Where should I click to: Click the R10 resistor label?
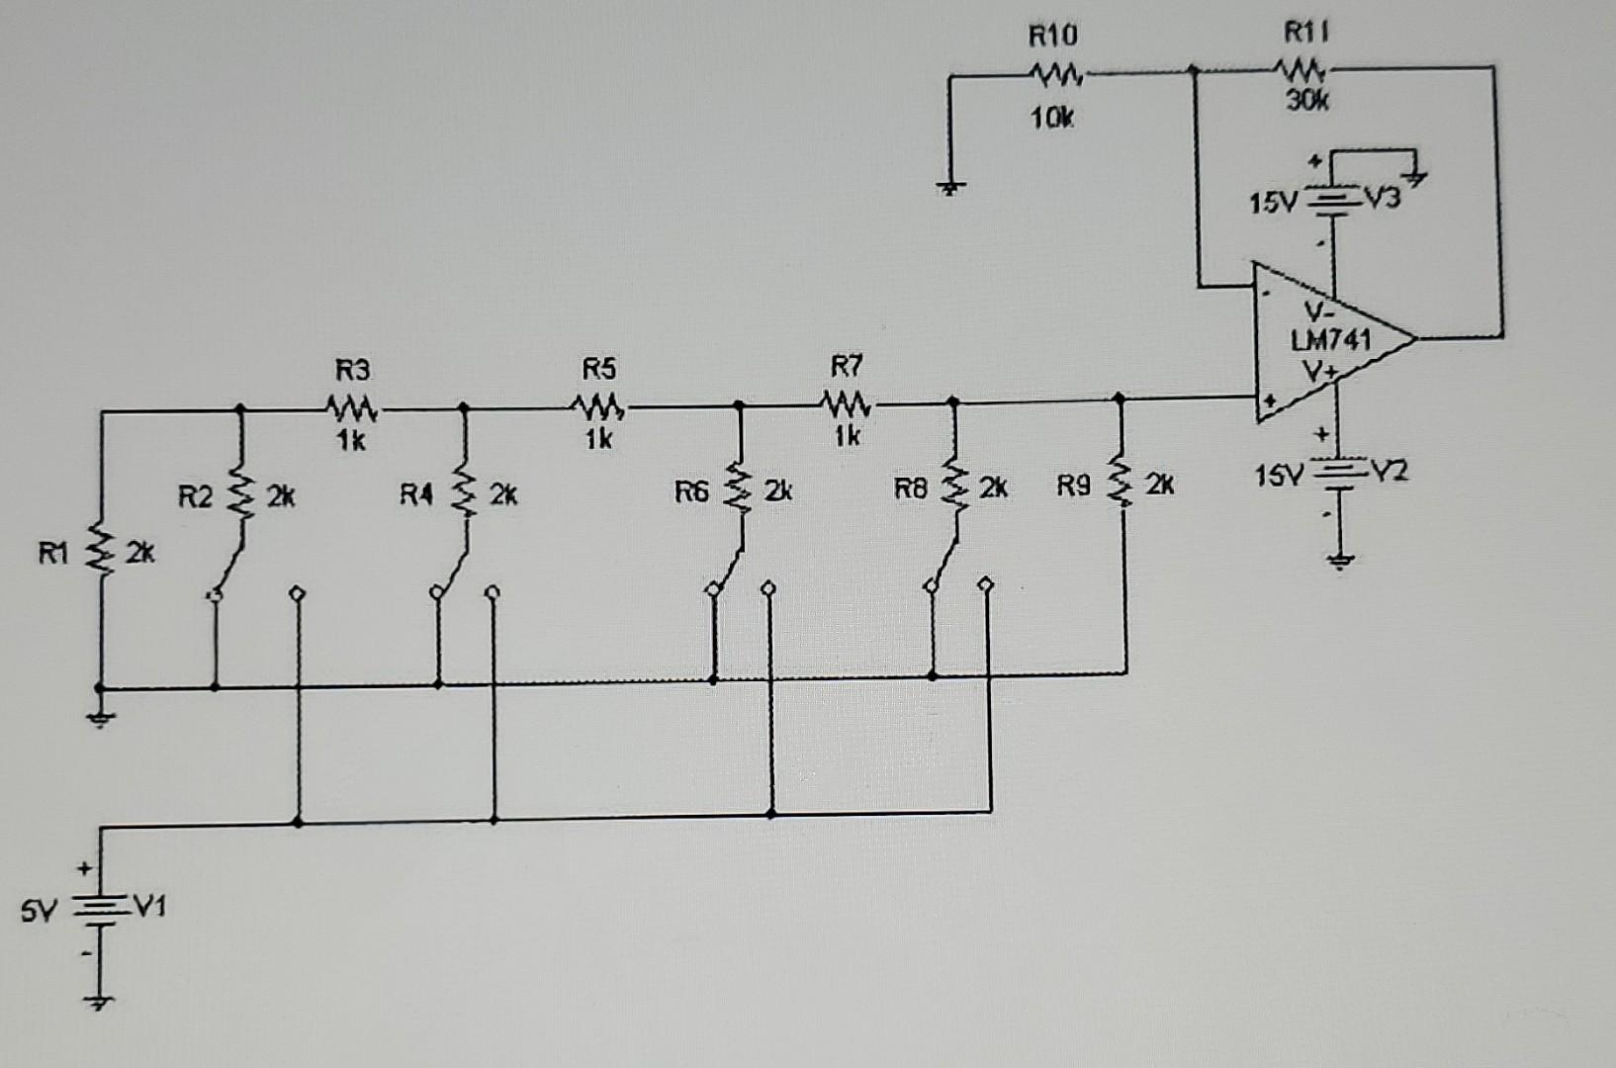(1053, 38)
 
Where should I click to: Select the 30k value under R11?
(1307, 100)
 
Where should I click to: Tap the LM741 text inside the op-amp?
(1331, 340)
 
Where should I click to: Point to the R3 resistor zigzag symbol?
(350, 406)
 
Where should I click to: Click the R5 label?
(598, 370)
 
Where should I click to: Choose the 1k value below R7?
(847, 436)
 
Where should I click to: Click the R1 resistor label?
(53, 554)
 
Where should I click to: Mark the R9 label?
(1075, 486)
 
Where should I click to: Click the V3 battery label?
(1383, 199)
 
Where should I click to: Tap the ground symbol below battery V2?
(1339, 562)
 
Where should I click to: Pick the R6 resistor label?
(692, 491)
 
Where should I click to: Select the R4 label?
(417, 493)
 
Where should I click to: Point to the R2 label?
(195, 495)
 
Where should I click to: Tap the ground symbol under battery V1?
(100, 1003)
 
